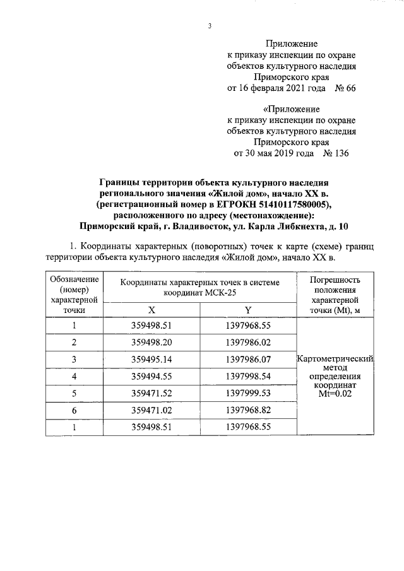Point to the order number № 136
335,153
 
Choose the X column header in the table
151,310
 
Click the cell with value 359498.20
151,343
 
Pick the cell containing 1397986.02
248,343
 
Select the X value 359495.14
151,360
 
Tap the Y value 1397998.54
248,377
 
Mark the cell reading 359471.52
151,394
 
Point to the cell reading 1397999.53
248,394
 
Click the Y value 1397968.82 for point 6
248,411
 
